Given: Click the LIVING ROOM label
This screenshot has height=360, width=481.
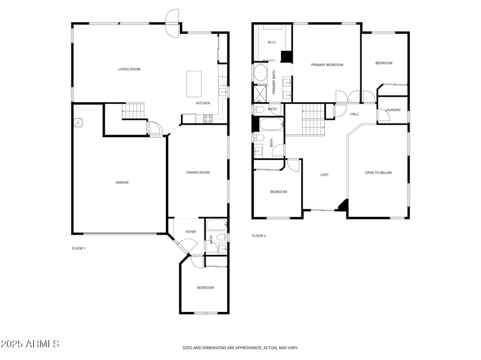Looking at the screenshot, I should point(129,69).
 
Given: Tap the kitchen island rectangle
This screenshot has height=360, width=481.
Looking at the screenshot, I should point(194,84).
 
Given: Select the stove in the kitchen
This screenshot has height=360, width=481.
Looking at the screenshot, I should point(207,119).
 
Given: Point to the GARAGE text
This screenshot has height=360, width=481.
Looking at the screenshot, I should point(122,182).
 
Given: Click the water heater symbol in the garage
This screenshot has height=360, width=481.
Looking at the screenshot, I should point(78,123).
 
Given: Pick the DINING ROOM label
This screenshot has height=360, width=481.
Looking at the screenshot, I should point(198,172).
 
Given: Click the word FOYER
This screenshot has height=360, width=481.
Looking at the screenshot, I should point(191,231).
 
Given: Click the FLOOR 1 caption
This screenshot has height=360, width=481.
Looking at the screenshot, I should point(78,248).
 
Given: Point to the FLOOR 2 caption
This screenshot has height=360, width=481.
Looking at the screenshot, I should point(259,236).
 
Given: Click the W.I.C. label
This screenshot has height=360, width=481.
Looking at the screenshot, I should point(271,42).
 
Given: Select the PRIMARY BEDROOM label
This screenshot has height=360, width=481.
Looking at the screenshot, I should point(326,64).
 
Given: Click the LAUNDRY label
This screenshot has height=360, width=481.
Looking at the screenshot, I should point(393,110).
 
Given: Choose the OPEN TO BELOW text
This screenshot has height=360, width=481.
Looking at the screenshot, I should point(378,172).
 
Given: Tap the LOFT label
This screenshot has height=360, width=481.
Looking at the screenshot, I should point(324,175).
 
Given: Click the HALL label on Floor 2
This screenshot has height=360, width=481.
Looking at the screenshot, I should point(354,114).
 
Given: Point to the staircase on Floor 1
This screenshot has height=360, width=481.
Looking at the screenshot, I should point(135,111).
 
